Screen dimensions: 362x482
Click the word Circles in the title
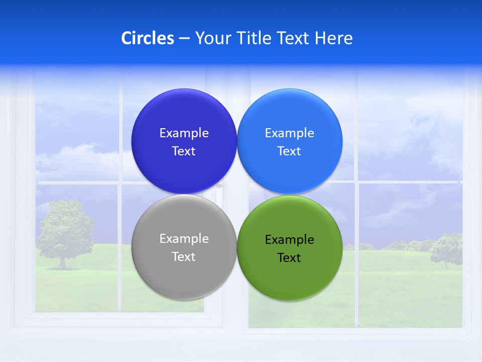point(147,38)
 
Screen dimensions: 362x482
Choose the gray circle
point(184,277)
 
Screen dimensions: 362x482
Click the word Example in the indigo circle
point(184,133)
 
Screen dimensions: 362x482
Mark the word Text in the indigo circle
point(184,151)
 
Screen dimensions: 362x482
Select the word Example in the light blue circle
point(290,133)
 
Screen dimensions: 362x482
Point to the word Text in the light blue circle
point(289,151)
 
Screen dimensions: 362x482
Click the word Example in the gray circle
point(184,238)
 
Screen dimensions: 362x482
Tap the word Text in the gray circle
point(184,256)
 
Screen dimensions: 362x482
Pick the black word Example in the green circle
point(290,239)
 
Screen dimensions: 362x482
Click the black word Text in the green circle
point(289,257)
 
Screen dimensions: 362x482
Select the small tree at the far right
point(446,249)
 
